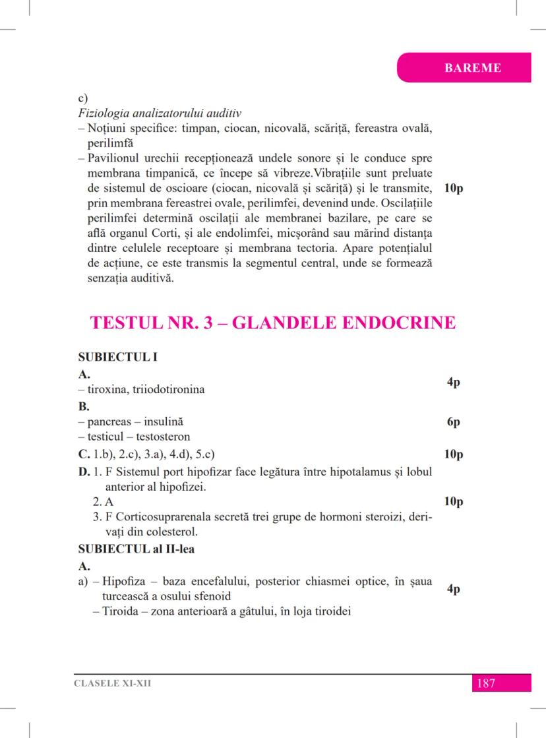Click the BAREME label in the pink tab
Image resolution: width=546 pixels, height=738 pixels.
(473, 67)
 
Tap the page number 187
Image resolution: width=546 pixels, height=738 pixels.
(485, 683)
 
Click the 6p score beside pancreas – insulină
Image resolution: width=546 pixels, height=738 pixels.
(453, 422)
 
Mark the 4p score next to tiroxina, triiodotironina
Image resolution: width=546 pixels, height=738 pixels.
(453, 382)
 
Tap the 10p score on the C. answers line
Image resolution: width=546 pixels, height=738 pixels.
(454, 454)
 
